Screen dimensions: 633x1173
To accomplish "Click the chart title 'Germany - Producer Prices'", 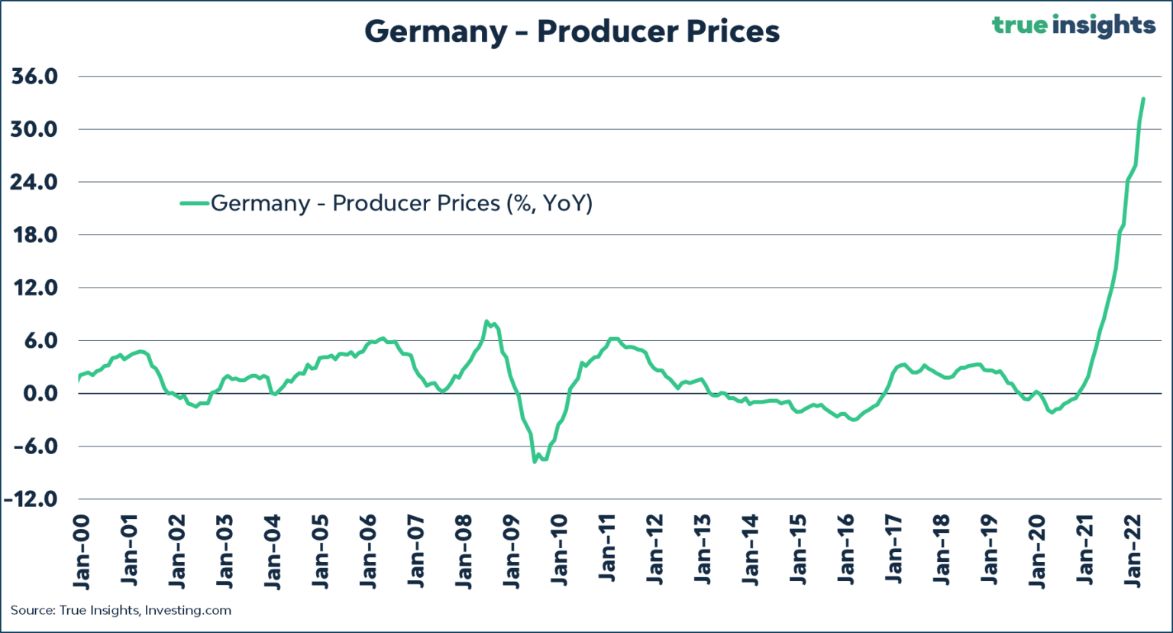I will (572, 31).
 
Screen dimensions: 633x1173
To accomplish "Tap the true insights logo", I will (1073, 25).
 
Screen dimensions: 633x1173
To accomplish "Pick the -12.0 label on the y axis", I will (31, 499).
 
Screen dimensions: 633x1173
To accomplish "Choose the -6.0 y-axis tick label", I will (34, 446).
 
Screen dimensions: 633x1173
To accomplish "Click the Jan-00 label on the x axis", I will (81, 550).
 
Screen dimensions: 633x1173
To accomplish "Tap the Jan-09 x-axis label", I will (512, 550).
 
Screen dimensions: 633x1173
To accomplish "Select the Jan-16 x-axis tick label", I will (846, 550).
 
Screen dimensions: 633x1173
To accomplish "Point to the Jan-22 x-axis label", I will (1133, 550).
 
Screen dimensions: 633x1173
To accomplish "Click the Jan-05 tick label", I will (320, 550).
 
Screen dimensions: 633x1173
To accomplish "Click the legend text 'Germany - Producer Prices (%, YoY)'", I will (402, 203).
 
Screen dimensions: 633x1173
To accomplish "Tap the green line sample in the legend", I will (195, 203).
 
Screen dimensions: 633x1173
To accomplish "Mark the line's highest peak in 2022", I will (1143, 99).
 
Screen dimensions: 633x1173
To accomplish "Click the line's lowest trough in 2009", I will (535, 462).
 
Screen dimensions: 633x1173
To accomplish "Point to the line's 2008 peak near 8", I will (486, 322).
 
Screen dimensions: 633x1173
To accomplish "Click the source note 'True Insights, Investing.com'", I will (121, 610).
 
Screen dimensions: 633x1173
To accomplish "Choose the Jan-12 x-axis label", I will (655, 550).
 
